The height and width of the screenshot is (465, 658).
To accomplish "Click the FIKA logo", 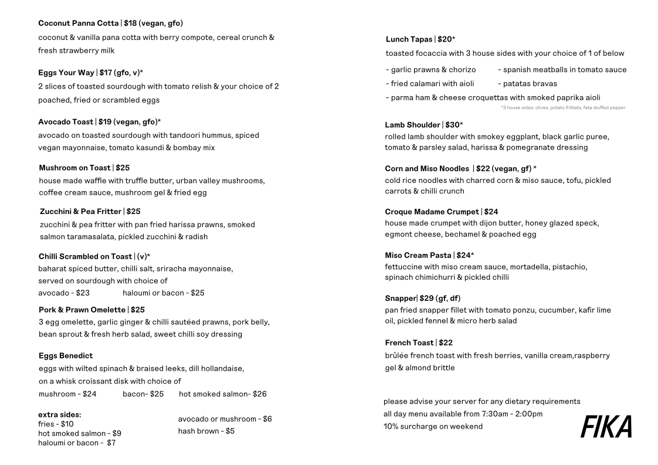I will coord(606,426).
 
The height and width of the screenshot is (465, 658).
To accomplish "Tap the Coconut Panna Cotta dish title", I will coord(79,23).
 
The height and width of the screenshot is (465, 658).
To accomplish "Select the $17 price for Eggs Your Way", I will coord(106,73).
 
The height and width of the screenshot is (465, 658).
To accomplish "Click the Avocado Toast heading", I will coord(66,122).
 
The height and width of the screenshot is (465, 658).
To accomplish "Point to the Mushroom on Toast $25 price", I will coord(123,168).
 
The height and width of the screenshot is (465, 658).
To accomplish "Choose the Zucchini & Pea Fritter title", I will coord(80,211).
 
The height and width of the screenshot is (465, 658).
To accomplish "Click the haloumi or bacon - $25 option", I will coord(163,293).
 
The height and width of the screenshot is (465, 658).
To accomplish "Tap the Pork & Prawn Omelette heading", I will coord(82,310).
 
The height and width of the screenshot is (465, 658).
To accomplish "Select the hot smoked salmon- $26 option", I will coord(222,394).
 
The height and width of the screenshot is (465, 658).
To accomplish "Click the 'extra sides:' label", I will coord(59,415).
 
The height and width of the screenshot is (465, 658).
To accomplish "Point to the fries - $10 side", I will coord(56,424).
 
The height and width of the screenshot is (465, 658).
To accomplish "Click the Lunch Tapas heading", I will coord(409,39).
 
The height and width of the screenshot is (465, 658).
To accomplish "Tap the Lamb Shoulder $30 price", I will coord(453,125).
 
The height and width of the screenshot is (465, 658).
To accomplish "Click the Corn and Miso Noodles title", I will coord(427,169).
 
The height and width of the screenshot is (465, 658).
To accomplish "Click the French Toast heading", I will coord(409,342).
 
